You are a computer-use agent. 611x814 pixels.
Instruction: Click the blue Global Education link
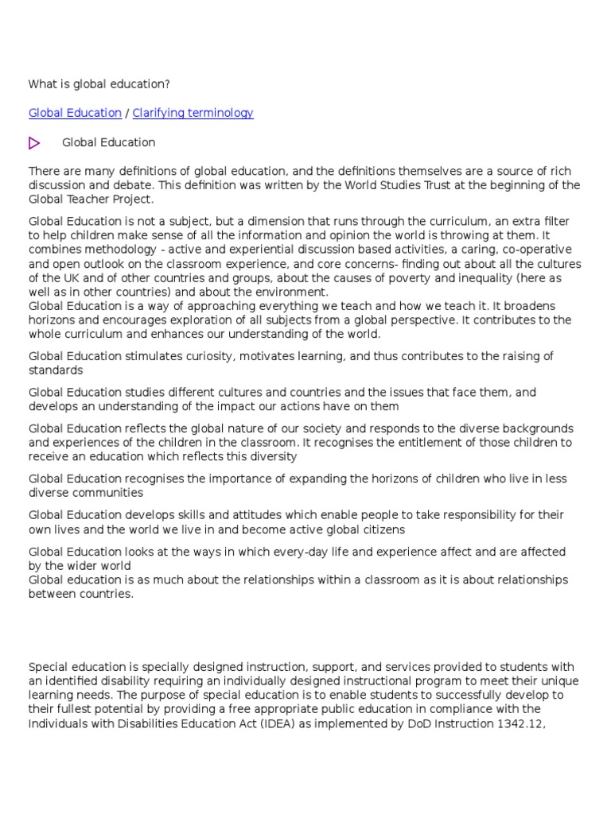(75, 113)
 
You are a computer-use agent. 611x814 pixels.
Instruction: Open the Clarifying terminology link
(193, 113)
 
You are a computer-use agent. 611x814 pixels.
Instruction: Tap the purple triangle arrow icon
(34, 143)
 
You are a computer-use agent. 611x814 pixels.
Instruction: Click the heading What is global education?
(99, 83)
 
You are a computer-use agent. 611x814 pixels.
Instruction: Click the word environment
(292, 292)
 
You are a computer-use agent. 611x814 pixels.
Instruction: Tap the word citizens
(379, 529)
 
